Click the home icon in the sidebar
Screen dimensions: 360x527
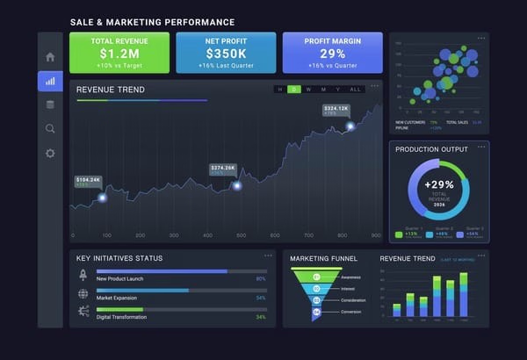(50, 57)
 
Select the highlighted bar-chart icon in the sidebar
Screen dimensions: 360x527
(50, 81)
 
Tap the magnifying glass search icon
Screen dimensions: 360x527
(50, 129)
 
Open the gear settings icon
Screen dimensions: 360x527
(50, 153)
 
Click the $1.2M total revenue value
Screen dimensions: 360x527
(119, 54)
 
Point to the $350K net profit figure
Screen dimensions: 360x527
(226, 54)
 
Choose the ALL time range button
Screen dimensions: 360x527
(355, 90)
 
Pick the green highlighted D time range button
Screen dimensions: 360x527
(294, 90)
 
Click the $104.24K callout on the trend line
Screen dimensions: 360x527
(89, 180)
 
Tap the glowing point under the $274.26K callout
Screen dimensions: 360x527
(236, 185)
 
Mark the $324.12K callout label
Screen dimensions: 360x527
(336, 109)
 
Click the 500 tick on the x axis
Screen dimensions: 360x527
(241, 236)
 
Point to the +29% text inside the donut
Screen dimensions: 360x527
(439, 184)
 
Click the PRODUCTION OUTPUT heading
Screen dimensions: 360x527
(431, 149)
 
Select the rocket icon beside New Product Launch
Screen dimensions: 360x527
(83, 275)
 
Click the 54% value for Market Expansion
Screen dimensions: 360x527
(261, 298)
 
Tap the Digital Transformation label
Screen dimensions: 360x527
(122, 316)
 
